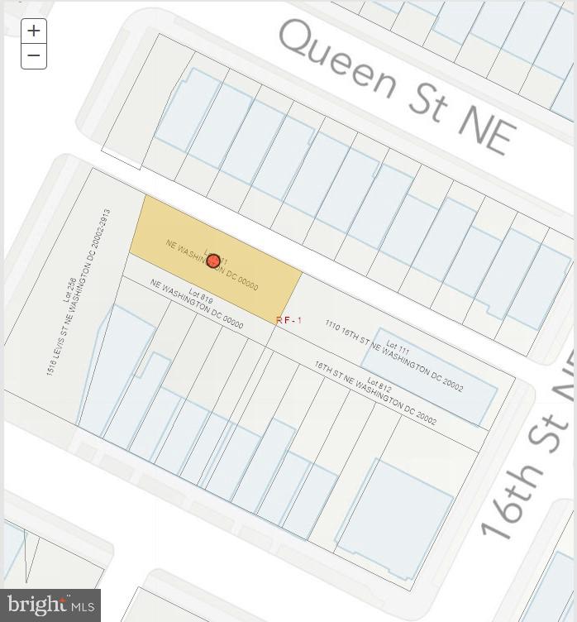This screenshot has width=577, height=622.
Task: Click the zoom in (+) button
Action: click(33, 31)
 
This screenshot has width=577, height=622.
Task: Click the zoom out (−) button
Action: click(33, 56)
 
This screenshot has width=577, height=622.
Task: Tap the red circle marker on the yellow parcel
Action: click(213, 261)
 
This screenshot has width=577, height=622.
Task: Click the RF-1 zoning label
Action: click(289, 320)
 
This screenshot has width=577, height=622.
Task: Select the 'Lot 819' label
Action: click(201, 296)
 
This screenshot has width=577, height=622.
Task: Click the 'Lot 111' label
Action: click(398, 349)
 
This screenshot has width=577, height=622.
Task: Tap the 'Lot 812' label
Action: click(379, 386)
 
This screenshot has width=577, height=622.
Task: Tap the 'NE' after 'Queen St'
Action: click(486, 129)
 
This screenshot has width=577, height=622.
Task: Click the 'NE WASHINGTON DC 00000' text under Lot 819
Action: click(197, 304)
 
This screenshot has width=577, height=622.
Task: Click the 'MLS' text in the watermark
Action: click(83, 608)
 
